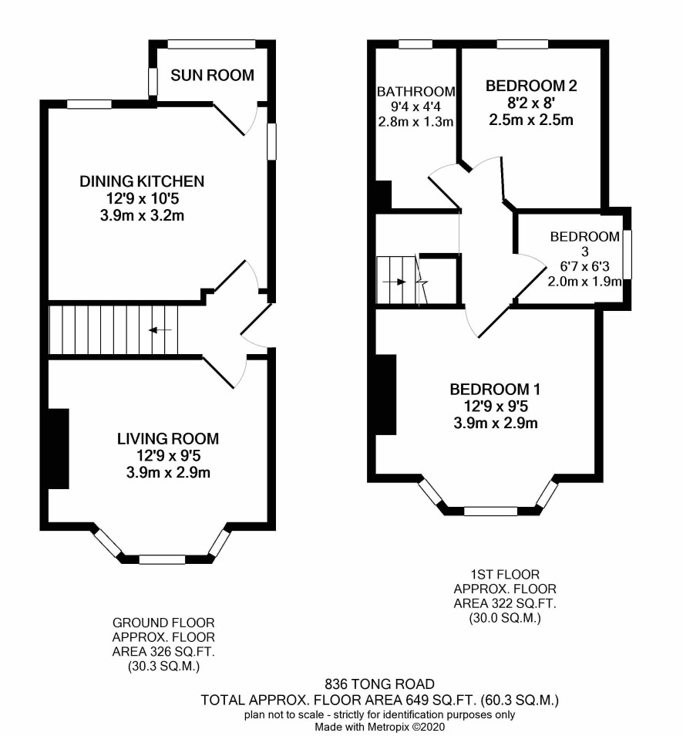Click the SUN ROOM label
pos(212,75)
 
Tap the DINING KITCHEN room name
pos(142,181)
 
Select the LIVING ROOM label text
pos(168,439)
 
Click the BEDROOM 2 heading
pos(531,86)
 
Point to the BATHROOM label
pos(416,92)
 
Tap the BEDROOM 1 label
pos(495,389)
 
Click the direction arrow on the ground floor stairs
pos(160,330)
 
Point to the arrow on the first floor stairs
pos(395,282)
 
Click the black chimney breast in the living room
pos(59,449)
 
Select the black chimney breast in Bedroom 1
pos(385,395)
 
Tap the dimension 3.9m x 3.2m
pos(142,216)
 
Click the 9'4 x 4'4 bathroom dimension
pos(416,107)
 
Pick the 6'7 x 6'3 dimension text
pos(584,267)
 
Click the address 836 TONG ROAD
pos(379,684)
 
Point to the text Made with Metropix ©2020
pos(379,727)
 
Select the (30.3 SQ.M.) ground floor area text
pos(163,666)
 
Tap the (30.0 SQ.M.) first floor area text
pos(505,618)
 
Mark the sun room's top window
pos(211,44)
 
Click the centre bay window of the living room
pos(163,559)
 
